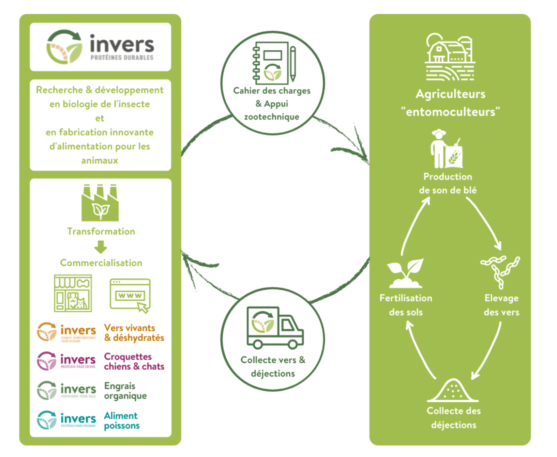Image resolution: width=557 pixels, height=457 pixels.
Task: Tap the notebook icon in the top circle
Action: coord(271,63)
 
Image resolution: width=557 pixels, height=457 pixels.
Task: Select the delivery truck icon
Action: coord(275,328)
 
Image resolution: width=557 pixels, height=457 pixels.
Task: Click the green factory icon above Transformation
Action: coord(100,203)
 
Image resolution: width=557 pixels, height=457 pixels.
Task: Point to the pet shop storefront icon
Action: coord(73,293)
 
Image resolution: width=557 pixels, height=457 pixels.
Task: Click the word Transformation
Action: coord(101,232)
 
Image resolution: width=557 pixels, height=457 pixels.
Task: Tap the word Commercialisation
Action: coord(101,263)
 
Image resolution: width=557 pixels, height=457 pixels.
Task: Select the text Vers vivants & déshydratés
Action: coord(134,333)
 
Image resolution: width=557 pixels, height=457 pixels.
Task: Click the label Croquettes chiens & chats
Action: coord(134,362)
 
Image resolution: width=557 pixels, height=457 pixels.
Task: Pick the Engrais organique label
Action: coord(125,391)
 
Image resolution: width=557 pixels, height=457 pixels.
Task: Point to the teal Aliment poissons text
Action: coord(122,421)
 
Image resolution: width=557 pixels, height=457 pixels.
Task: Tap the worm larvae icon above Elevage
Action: coord(500,271)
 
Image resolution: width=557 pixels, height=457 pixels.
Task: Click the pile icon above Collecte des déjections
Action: coord(453,391)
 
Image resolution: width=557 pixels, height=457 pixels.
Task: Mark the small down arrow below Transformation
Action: coord(101,247)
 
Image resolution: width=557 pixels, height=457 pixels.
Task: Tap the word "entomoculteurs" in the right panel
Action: coord(450,112)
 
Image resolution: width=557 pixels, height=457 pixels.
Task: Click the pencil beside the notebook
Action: coord(293,64)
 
